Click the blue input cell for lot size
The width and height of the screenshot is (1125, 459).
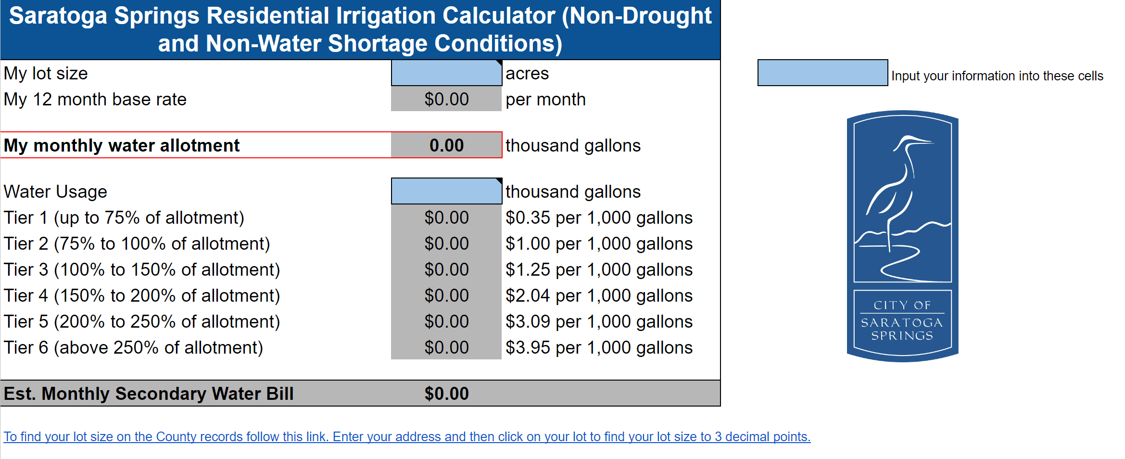tap(446, 73)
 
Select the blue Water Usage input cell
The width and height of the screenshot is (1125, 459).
tap(446, 191)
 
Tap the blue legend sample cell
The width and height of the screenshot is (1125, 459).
tap(822, 73)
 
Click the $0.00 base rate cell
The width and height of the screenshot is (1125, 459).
tap(446, 100)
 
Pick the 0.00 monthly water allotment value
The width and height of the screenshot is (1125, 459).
tap(446, 145)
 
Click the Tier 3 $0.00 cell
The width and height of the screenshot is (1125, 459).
tap(446, 269)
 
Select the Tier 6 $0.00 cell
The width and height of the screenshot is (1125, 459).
tap(446, 347)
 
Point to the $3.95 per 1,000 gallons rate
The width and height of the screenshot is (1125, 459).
tap(599, 347)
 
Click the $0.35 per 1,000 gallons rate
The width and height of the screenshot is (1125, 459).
tap(599, 218)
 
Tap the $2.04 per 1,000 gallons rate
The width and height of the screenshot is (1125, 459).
tap(599, 295)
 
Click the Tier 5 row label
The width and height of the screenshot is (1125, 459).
tap(142, 321)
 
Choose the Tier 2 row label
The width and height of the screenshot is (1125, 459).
tap(137, 244)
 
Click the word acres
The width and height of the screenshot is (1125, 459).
tap(527, 74)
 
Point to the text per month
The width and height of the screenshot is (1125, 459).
tap(545, 100)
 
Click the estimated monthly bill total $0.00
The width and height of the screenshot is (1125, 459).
tap(446, 394)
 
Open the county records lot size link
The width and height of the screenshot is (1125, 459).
tap(407, 437)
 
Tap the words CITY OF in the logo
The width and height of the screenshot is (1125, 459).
tap(902, 305)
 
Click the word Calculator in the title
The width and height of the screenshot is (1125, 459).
tap(499, 15)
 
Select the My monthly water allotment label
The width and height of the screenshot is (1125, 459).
tap(122, 145)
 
